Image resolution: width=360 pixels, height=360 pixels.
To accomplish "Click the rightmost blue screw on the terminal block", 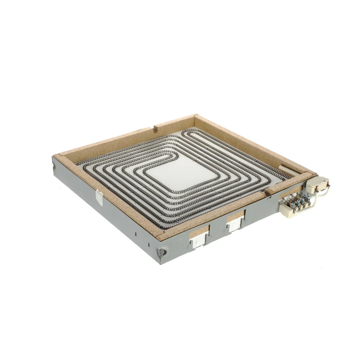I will [x=308, y=198].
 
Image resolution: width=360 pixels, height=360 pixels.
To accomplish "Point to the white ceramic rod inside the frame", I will [x=288, y=171].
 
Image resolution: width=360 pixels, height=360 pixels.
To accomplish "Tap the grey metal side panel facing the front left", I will [x=108, y=211].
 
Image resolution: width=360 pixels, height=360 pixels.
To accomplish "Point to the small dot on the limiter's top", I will [x=324, y=181].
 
